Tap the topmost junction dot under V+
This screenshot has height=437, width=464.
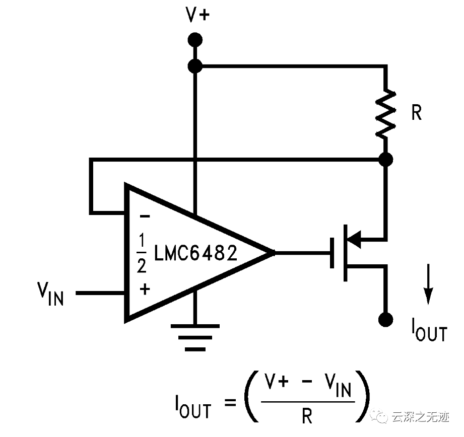195,39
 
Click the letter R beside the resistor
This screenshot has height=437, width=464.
416,114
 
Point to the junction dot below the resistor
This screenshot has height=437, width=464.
385,160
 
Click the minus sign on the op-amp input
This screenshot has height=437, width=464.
145,216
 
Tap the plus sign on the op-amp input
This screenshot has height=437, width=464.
145,289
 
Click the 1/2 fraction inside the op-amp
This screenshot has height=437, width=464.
142,253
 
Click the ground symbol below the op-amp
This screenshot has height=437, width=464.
195,337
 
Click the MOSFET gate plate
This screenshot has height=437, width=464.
333,252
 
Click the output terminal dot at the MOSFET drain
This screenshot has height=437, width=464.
385,319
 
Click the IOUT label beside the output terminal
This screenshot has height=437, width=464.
428,332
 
